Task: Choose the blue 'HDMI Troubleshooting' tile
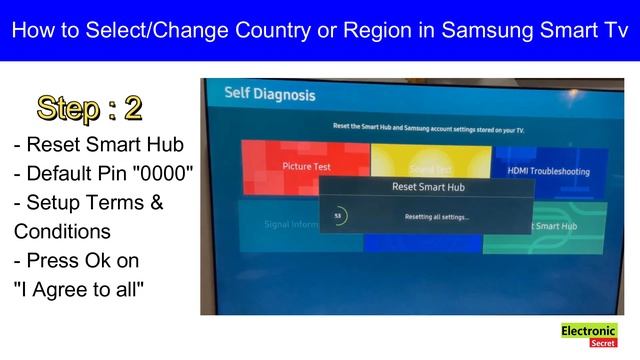pos(549,171)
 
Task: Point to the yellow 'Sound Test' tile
pos(430,160)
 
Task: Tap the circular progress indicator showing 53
pos(338,216)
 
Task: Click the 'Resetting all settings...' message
pos(437,217)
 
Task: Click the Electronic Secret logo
pos(589,335)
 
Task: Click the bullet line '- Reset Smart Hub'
pos(85,145)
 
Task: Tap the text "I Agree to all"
pos(79,290)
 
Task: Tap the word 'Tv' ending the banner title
pos(607,30)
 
